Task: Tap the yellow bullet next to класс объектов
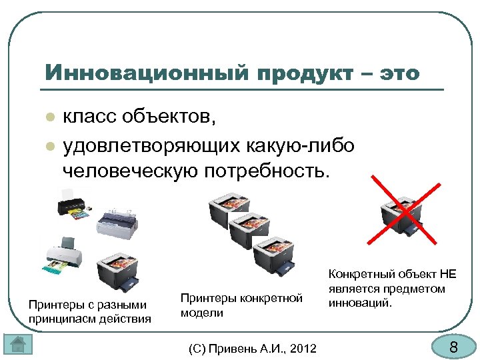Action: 49,118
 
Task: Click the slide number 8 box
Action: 453,346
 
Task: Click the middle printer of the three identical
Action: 249,230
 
